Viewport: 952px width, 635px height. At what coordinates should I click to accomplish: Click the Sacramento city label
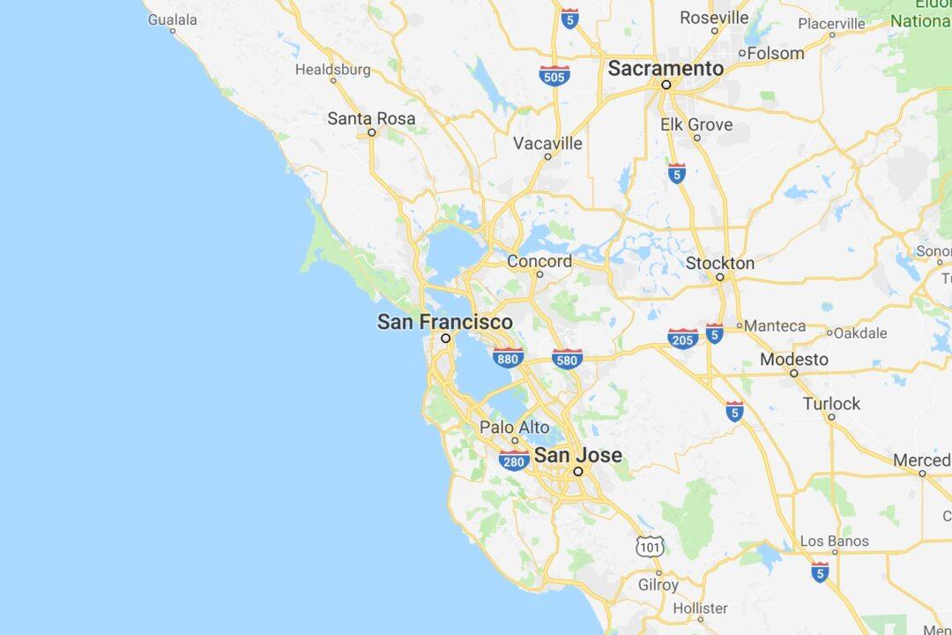[666, 68]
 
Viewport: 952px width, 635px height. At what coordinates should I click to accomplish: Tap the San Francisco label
[444, 322]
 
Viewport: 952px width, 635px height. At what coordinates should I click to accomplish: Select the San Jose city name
[578, 455]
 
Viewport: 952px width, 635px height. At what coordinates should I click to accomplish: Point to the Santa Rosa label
[371, 118]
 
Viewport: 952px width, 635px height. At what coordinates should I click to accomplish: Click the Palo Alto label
[514, 427]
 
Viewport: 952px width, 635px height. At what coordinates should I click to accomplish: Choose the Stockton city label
[720, 263]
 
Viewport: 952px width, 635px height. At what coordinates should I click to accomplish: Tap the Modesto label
[793, 359]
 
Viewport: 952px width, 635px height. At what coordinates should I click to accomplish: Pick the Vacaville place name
[547, 143]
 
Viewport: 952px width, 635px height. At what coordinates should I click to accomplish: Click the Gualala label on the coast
[172, 19]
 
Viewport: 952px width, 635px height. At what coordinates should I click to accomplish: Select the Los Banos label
[834, 541]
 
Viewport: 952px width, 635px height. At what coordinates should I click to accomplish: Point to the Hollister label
[700, 608]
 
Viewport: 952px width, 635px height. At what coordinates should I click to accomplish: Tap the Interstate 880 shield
[508, 357]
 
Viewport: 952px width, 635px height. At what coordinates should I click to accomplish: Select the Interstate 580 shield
[567, 358]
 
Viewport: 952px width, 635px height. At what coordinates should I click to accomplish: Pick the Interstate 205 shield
[682, 338]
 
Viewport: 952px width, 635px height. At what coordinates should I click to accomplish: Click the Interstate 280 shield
[514, 459]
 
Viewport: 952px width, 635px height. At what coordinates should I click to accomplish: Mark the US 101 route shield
[650, 546]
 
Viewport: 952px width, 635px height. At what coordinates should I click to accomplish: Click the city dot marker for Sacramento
[666, 85]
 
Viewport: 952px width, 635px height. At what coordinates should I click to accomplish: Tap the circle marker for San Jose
[578, 472]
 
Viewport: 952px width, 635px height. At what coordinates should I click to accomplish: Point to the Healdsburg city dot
[333, 80]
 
